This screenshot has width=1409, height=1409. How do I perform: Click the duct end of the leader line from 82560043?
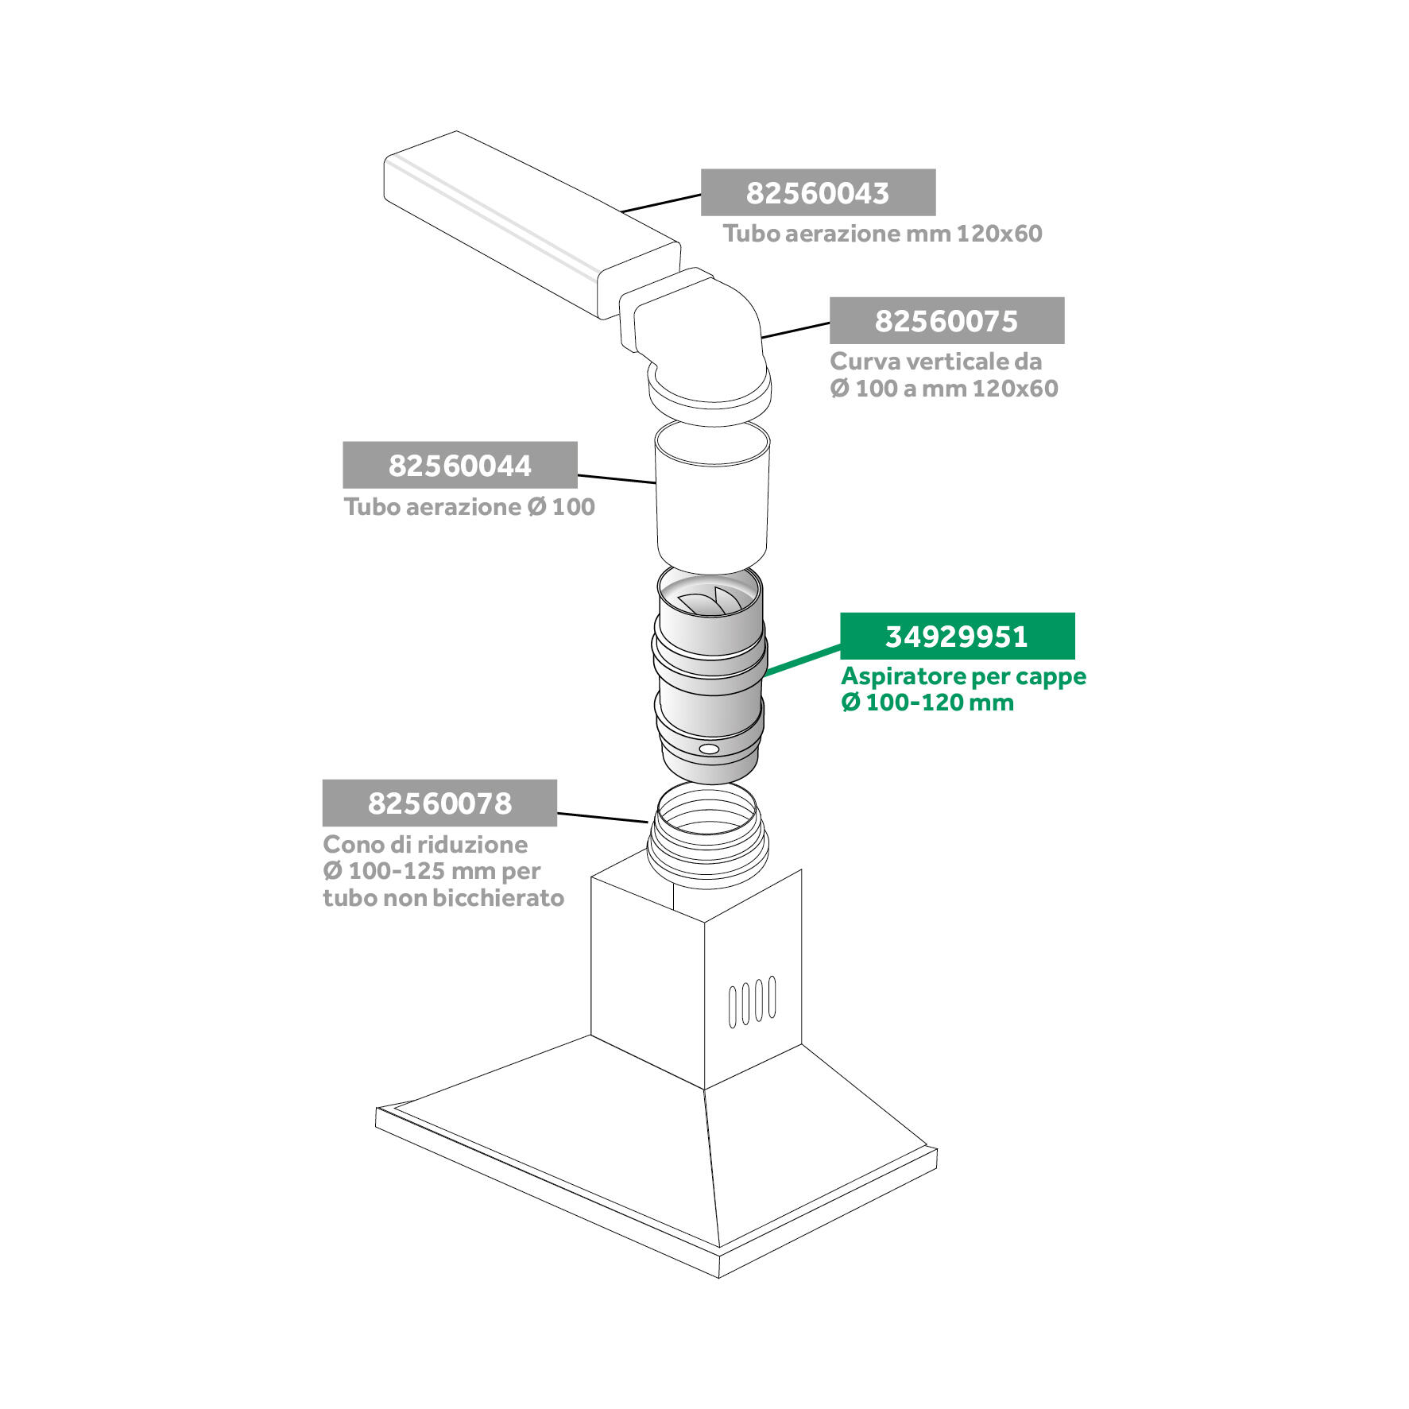621,212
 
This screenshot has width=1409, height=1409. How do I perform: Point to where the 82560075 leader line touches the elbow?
762,339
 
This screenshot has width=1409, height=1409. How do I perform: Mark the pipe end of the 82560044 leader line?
655,482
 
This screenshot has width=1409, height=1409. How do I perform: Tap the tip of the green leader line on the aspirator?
764,675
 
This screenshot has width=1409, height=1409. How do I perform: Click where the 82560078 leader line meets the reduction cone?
649,823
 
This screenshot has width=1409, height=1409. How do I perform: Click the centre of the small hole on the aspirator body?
709,749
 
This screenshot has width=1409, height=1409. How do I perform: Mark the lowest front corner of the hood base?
719,1277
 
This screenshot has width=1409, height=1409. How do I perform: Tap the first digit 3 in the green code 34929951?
892,637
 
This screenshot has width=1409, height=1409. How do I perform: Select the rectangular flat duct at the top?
532,224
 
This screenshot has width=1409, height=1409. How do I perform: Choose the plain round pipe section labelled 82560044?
712,497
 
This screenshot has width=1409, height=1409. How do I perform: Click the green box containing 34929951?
958,636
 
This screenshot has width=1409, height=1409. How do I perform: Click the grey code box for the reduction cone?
439,803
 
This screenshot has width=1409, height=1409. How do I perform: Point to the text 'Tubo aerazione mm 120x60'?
882,234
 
